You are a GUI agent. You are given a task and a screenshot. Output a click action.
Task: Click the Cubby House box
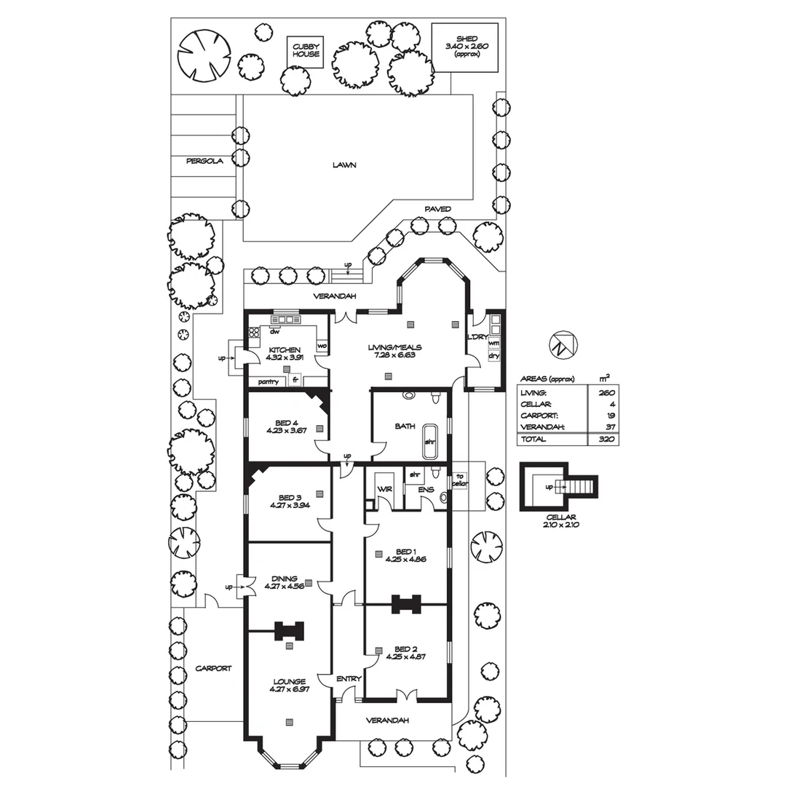(x=305, y=51)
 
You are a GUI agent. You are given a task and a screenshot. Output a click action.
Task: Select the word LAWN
(x=344, y=165)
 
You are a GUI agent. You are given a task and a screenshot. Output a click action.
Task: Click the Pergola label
(x=205, y=161)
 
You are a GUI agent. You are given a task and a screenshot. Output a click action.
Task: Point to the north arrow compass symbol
(x=563, y=344)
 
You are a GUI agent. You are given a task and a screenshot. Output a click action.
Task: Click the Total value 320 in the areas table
(x=606, y=439)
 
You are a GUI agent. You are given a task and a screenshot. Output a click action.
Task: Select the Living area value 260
(x=606, y=392)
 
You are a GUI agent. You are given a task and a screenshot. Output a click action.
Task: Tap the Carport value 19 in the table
(x=610, y=416)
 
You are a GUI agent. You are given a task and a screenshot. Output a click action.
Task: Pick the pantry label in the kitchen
(x=268, y=382)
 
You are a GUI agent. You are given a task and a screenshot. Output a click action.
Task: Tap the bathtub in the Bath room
(x=430, y=442)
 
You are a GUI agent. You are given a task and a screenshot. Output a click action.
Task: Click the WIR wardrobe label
(x=384, y=489)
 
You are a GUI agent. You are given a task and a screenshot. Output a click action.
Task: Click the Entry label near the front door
(x=349, y=679)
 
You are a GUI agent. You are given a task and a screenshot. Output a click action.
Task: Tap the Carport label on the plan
(x=213, y=668)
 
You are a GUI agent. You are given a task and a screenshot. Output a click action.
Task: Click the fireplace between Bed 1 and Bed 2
(x=406, y=604)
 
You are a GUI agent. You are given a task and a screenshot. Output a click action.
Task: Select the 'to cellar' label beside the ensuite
(x=460, y=480)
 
